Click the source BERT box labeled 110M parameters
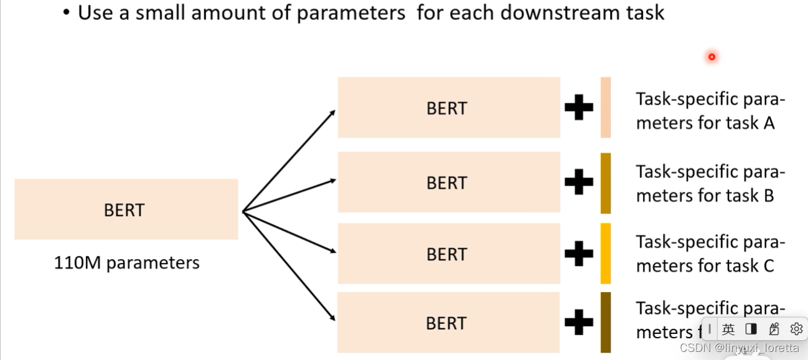point(126,209)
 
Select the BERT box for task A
point(448,108)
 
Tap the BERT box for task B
point(448,182)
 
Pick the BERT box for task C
point(448,254)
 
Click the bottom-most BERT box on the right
point(448,323)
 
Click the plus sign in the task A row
point(578,108)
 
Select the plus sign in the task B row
point(578,182)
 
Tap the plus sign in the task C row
point(578,254)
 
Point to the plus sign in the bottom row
point(578,323)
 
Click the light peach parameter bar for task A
point(605,108)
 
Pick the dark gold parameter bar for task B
point(605,183)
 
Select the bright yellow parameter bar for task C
point(605,253)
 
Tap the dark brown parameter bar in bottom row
point(605,322)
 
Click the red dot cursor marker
point(712,57)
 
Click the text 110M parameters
point(126,263)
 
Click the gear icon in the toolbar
point(796,329)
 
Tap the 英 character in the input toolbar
point(728,329)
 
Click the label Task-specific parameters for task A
point(710,111)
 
